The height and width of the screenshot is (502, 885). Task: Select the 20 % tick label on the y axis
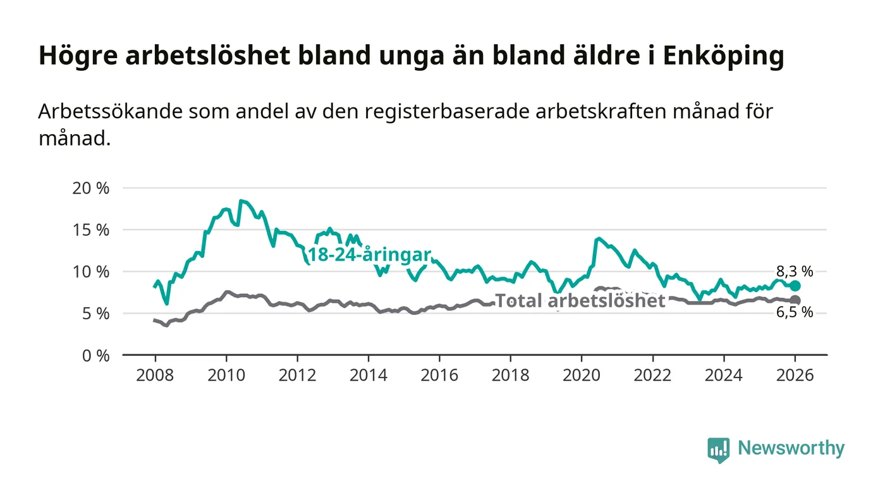click(92, 188)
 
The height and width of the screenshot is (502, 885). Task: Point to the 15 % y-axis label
click(92, 230)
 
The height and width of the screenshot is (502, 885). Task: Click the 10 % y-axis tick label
click(92, 272)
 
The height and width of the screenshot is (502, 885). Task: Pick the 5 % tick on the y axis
click(95, 314)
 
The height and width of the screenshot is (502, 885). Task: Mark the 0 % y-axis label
click(95, 355)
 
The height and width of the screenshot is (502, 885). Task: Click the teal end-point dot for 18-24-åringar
click(795, 286)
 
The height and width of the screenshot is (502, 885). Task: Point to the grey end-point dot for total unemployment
click(795, 300)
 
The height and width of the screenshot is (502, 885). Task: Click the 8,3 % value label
click(795, 272)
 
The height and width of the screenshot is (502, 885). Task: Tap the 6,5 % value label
click(795, 313)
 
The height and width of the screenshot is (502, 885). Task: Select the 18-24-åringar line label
click(369, 255)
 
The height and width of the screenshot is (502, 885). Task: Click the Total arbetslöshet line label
click(580, 301)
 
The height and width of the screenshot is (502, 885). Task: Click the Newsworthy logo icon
click(718, 450)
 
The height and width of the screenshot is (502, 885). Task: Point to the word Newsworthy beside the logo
click(791, 448)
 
